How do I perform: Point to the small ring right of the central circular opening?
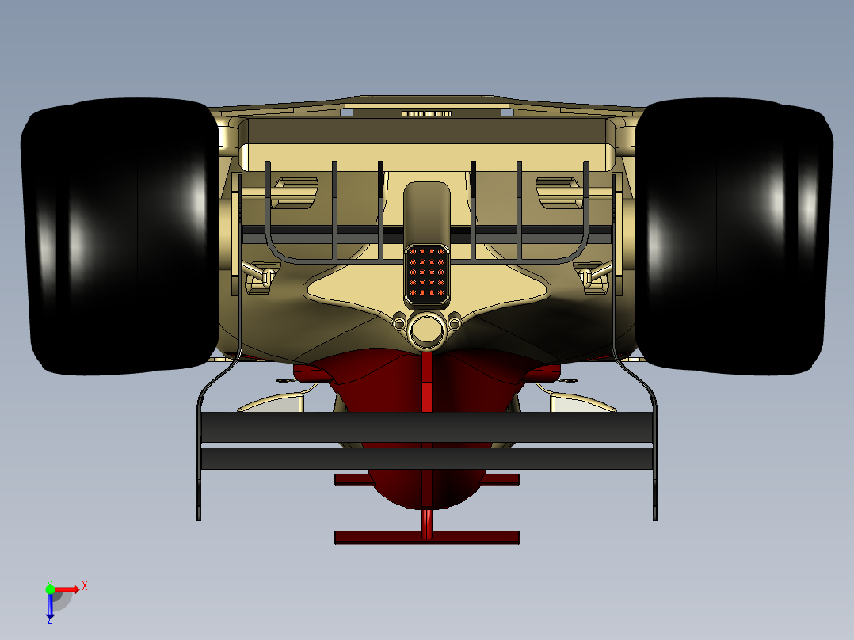coord(455,322)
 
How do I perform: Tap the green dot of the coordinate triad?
coord(50,589)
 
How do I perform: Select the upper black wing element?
coord(427,427)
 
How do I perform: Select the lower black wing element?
coord(427,459)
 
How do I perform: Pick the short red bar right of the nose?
coord(501,479)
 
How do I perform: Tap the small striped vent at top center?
coord(426,113)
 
